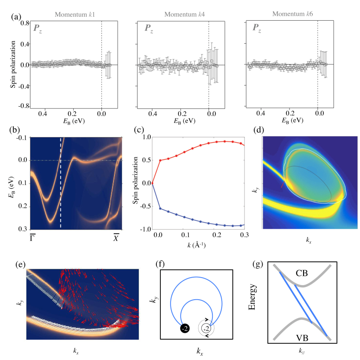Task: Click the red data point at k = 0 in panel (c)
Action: click(x=152, y=183)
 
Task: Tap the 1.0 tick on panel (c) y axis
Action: click(x=144, y=137)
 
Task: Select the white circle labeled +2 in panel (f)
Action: click(x=207, y=328)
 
